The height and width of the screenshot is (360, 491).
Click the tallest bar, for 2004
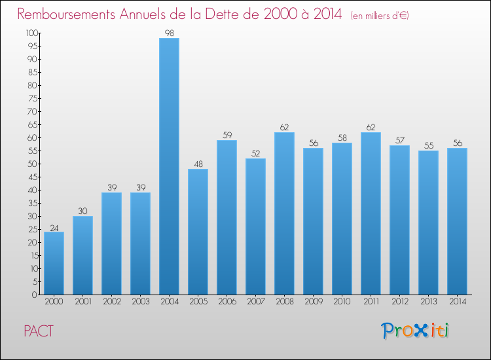click(169, 166)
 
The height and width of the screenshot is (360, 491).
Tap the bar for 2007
click(255, 226)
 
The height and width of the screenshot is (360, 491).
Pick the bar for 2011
click(371, 213)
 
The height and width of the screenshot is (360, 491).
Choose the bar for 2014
click(457, 221)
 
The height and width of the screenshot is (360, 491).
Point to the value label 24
click(54, 227)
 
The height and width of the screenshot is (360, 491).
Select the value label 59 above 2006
click(227, 135)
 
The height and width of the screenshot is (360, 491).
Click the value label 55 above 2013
click(428, 145)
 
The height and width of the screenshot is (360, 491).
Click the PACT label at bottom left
click(39, 331)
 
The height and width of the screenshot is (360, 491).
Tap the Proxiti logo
click(415, 331)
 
